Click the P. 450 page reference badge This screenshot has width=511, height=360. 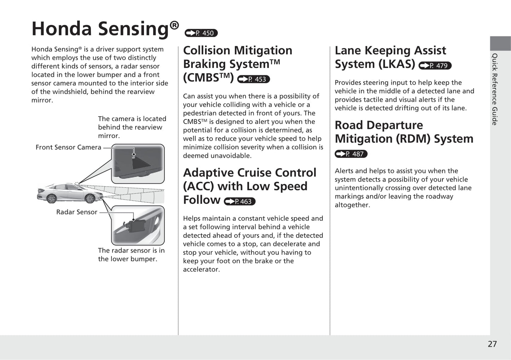click(x=201, y=33)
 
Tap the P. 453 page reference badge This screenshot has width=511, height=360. click(x=254, y=79)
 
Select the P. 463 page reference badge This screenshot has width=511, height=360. click(x=239, y=201)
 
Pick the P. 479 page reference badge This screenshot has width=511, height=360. click(x=435, y=66)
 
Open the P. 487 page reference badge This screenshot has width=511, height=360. click(x=351, y=154)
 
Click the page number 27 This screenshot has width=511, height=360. click(x=492, y=344)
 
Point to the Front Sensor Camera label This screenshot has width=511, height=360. click(x=68, y=147)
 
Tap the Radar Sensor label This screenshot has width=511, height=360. click(x=76, y=212)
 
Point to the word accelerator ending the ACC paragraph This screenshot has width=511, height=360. click(x=201, y=269)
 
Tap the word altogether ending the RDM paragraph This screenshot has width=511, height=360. click(x=352, y=205)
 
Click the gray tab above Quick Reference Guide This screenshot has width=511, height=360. click(x=500, y=43)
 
